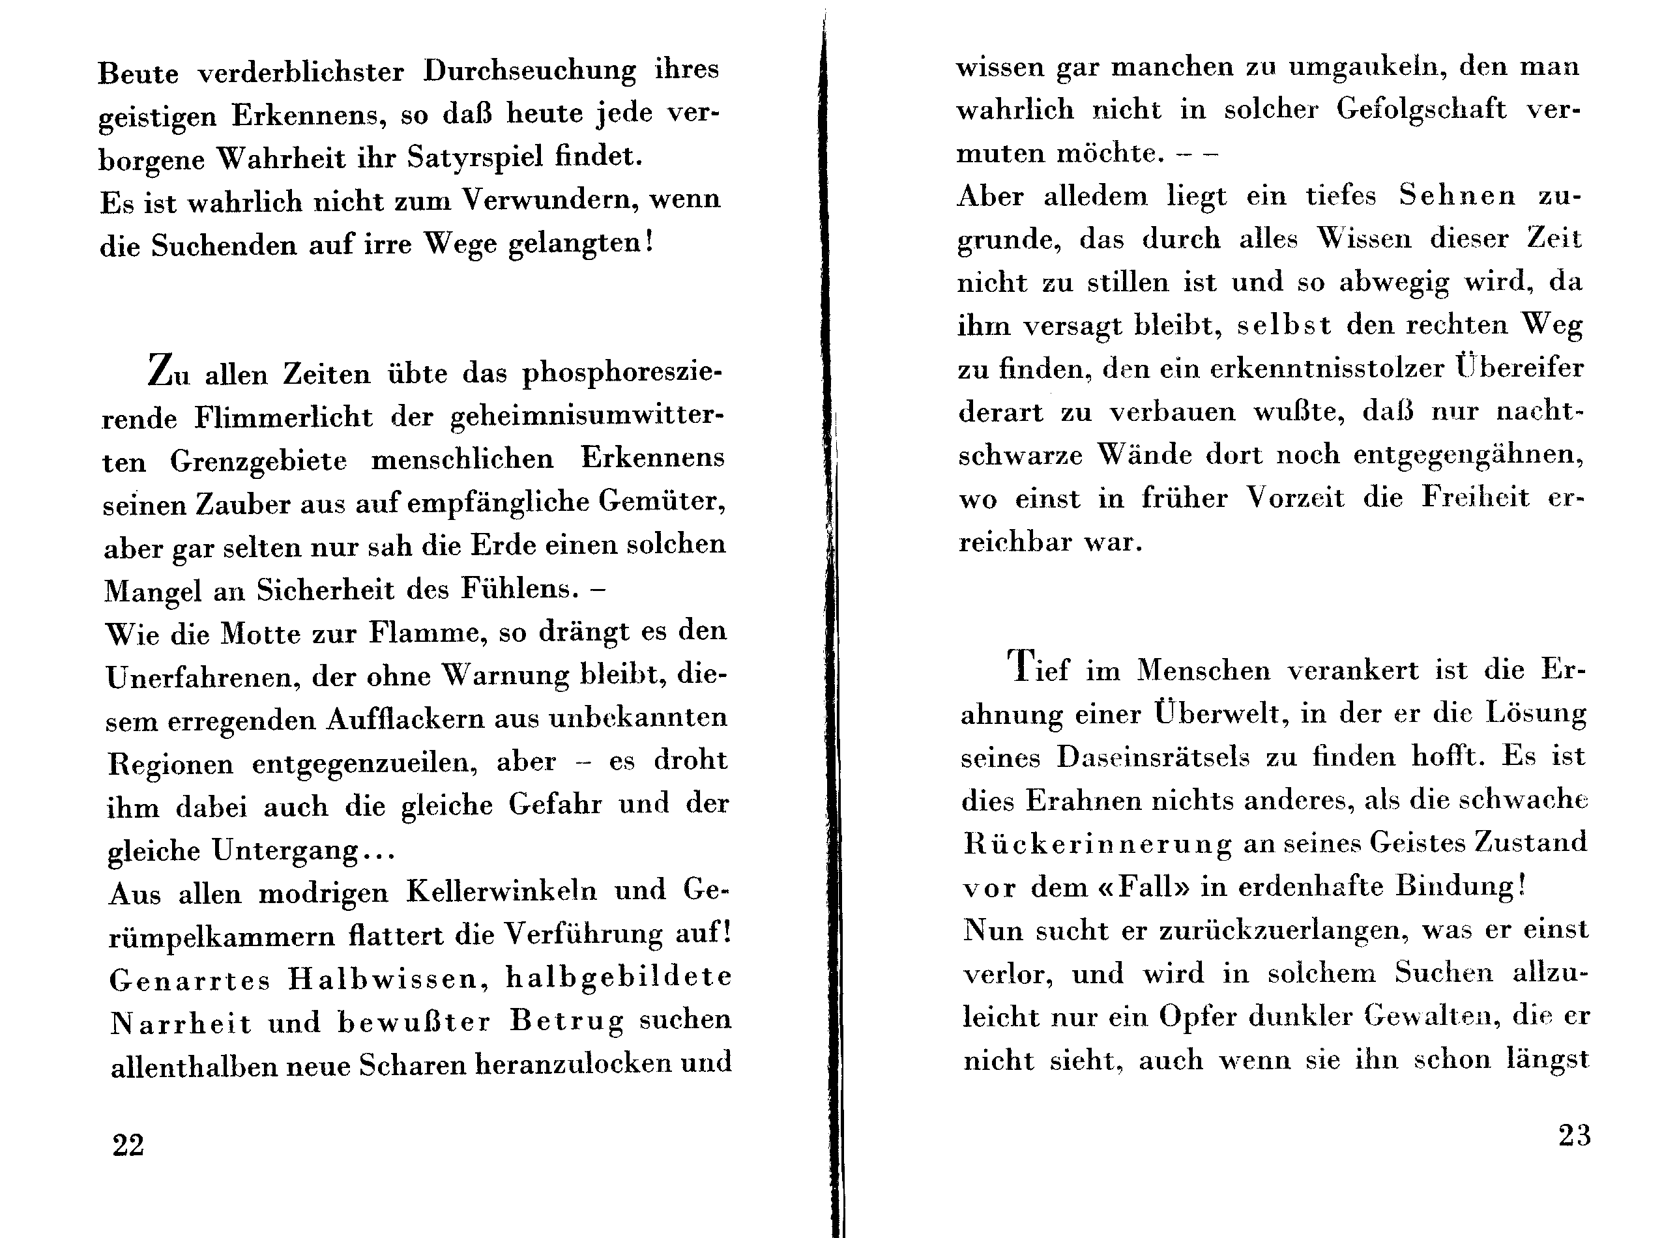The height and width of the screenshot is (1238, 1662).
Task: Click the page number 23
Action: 1574,1136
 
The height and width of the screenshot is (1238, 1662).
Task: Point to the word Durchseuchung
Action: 529,70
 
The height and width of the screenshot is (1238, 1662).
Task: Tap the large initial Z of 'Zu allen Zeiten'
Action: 160,370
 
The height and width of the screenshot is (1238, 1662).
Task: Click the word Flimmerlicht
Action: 284,416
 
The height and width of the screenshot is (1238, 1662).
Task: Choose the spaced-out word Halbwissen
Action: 388,979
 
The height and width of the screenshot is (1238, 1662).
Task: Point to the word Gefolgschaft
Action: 1421,109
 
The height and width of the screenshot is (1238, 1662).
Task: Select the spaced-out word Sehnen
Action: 1457,195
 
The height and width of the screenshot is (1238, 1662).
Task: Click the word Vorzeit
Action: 1296,498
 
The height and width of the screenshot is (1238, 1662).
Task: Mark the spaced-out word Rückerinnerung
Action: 1097,844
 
